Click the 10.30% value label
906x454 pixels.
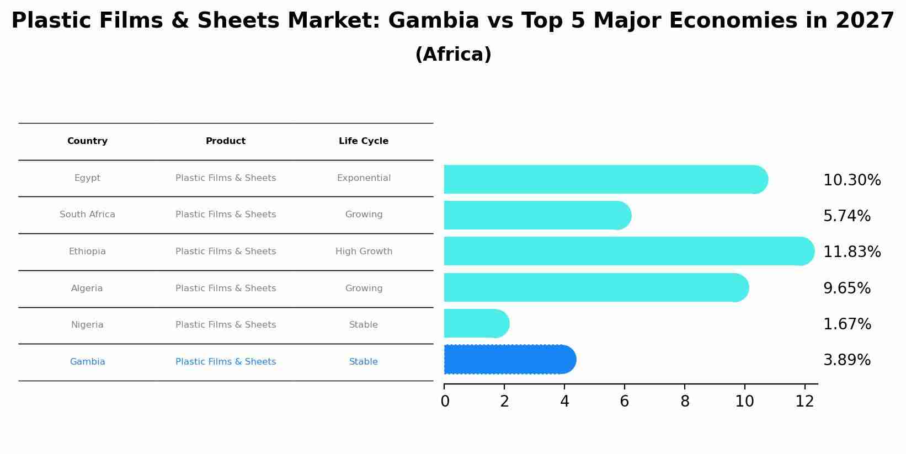pos(851,180)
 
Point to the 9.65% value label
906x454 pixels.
pos(846,289)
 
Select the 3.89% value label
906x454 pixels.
pos(846,360)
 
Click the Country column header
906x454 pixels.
pos(87,141)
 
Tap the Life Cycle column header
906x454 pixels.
pos(363,141)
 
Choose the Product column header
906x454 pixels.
pos(225,141)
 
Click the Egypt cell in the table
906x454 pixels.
pos(87,178)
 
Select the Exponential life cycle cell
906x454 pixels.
pos(363,178)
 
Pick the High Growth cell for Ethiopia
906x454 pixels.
pos(363,252)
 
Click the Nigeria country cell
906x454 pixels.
pos(87,325)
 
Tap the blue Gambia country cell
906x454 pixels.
pos(87,362)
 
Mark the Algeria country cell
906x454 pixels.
pos(87,289)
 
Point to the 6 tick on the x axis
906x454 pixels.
pos(624,401)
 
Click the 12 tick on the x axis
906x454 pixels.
pos(804,401)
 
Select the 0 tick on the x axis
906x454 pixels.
pos(445,401)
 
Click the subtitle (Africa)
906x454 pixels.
pos(452,55)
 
